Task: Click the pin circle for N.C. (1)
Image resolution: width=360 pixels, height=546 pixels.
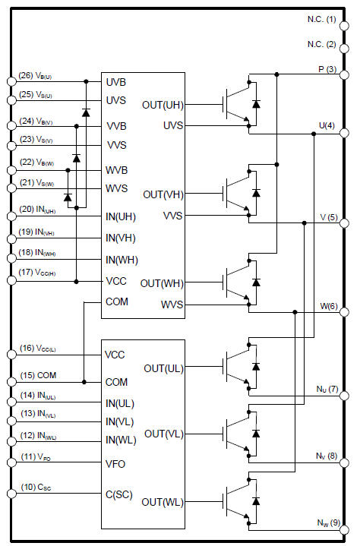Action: [x=344, y=26]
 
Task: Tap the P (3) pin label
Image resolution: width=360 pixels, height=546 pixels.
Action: [x=327, y=69]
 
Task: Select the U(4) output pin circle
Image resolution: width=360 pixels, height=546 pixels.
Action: [x=344, y=133]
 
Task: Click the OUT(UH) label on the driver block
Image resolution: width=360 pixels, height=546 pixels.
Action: [x=163, y=105]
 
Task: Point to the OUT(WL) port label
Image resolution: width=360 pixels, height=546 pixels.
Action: [x=163, y=502]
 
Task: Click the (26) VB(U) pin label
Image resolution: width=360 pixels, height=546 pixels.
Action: [x=35, y=76]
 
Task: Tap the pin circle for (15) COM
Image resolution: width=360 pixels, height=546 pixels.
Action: [x=11, y=382]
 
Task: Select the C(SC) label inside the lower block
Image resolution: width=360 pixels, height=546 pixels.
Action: [x=119, y=495]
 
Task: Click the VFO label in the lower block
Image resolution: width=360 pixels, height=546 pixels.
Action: [x=115, y=464]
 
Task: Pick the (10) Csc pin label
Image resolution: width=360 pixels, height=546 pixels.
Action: [x=36, y=488]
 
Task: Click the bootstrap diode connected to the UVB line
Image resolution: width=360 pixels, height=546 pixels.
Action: [x=86, y=112]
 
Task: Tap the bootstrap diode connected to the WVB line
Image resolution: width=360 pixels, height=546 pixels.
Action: [x=68, y=197]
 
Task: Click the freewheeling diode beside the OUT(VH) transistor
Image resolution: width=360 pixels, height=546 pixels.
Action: [x=256, y=193]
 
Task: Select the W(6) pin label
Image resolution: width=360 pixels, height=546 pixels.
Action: [x=329, y=306]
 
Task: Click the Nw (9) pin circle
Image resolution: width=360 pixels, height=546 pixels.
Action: [x=344, y=530]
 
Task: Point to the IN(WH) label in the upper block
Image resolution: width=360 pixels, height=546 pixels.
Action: [x=122, y=260]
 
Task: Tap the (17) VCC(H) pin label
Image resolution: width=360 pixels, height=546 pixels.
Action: [x=37, y=273]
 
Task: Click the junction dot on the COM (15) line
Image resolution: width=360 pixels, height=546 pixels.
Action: [x=84, y=382]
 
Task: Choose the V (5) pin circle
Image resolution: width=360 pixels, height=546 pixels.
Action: [x=344, y=223]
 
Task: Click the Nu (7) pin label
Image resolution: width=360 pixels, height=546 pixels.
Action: [x=327, y=389]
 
